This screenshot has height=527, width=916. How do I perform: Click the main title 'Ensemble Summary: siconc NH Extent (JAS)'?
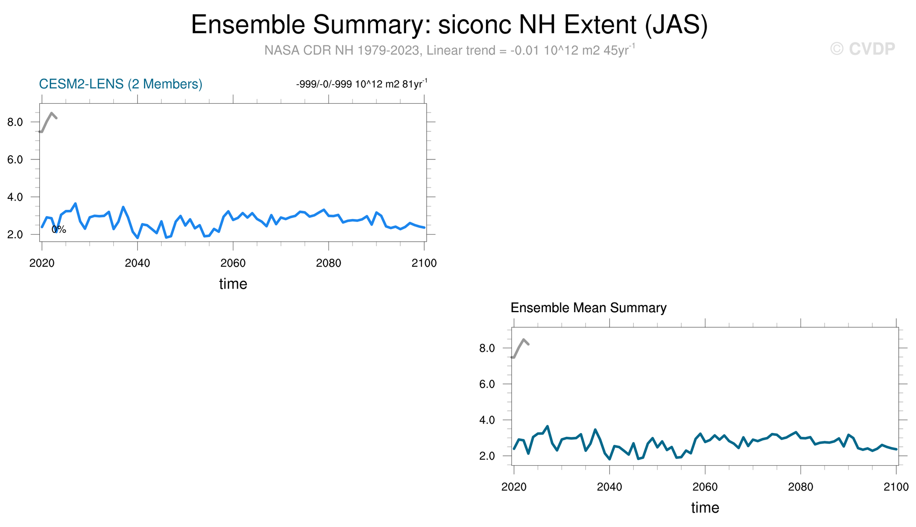click(x=449, y=25)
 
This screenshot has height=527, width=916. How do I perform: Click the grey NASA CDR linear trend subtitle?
click(x=449, y=50)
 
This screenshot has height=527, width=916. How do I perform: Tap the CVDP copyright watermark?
click(x=863, y=49)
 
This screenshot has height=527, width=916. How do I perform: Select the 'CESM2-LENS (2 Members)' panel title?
click(x=121, y=84)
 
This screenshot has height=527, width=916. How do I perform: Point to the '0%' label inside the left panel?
click(x=59, y=229)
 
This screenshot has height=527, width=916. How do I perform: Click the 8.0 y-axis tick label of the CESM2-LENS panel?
click(x=15, y=122)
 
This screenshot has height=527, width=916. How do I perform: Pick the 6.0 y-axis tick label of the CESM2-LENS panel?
click(x=15, y=159)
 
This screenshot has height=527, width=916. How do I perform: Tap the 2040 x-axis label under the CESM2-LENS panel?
click(x=137, y=263)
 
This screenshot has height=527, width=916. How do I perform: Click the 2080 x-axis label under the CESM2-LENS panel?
click(x=329, y=263)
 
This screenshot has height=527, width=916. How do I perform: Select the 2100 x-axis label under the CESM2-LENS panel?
click(x=424, y=263)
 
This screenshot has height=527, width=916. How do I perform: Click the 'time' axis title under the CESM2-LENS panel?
click(x=233, y=284)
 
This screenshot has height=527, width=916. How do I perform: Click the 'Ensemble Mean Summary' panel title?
click(x=588, y=308)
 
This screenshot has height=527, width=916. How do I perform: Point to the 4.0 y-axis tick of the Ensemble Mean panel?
click(x=487, y=420)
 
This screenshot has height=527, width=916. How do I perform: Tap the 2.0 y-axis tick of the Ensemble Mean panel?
click(x=487, y=456)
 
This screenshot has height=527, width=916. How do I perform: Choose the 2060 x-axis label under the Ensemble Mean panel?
click(x=705, y=487)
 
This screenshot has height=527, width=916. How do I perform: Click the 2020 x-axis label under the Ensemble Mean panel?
click(x=514, y=487)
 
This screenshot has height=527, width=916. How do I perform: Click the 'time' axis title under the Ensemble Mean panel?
click(x=705, y=508)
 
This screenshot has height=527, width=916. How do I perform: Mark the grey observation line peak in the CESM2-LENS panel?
click(x=51, y=113)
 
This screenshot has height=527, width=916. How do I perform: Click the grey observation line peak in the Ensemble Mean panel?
click(x=523, y=339)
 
